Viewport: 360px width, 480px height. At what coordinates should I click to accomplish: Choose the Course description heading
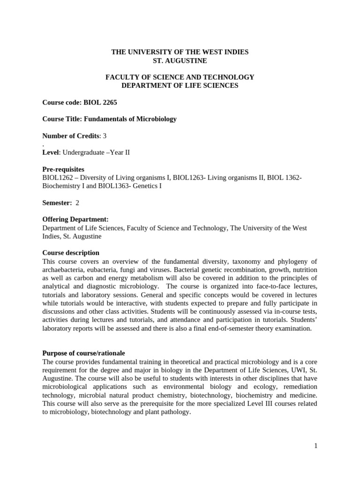click(71, 253)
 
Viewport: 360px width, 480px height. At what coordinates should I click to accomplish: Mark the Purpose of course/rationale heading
click(83, 353)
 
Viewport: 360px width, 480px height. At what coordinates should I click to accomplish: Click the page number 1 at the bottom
click(316, 446)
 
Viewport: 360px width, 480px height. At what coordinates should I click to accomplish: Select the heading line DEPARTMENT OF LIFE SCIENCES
click(180, 85)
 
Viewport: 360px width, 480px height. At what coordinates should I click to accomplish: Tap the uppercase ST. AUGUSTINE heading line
click(180, 60)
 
